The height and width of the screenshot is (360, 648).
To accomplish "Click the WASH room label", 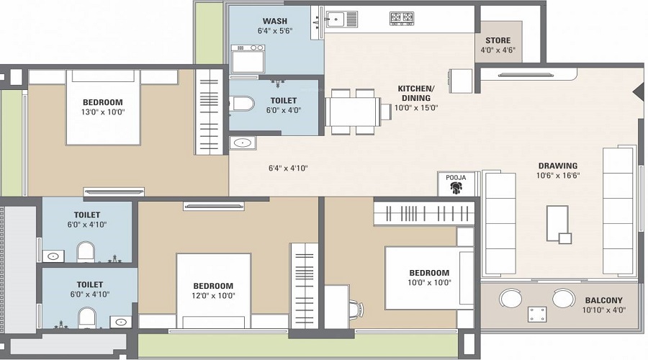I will [x=270, y=20].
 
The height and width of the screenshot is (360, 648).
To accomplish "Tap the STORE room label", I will [x=498, y=40].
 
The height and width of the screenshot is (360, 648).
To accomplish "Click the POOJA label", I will [x=455, y=177].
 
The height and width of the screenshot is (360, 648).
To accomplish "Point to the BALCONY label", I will [x=603, y=300].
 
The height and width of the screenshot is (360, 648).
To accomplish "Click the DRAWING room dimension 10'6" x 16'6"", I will [x=557, y=175].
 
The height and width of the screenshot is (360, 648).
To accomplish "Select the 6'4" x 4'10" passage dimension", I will [x=287, y=168].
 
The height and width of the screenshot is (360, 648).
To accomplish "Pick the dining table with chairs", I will [x=353, y=112].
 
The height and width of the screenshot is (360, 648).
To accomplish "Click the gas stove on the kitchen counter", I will [x=401, y=18].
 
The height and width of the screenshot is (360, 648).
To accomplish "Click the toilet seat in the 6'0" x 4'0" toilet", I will [x=242, y=104].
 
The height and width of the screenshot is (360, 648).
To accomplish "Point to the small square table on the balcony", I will [x=537, y=314].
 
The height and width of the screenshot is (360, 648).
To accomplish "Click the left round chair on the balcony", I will [x=511, y=297].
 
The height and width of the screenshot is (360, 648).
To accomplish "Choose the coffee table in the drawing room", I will [x=558, y=223].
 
